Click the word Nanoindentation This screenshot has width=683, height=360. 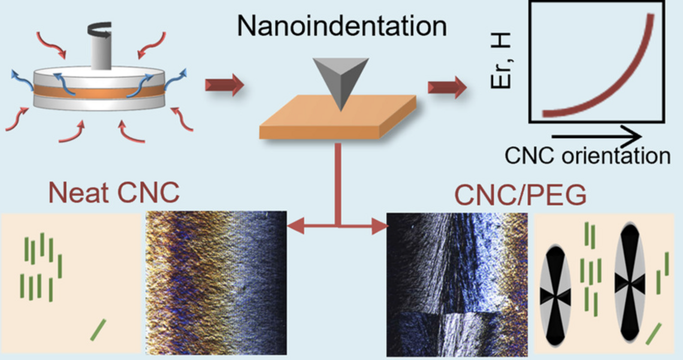(x=341, y=27)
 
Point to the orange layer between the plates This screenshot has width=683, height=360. (x=99, y=92)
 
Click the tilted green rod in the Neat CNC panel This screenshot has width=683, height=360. (x=98, y=330)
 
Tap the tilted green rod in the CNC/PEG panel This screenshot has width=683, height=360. (x=654, y=334)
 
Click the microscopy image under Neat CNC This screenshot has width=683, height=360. (x=216, y=282)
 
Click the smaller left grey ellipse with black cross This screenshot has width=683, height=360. (x=557, y=295)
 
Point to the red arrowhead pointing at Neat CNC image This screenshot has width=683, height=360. (x=295, y=226)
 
